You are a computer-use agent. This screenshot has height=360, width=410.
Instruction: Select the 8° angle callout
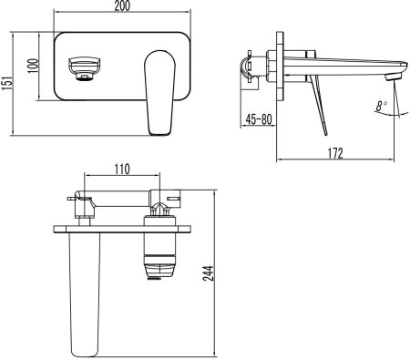pyautogui.click(x=380, y=107)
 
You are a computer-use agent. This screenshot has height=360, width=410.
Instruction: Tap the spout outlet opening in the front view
pyautogui.click(x=86, y=68)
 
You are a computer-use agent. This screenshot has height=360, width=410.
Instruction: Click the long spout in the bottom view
pyautogui.click(x=83, y=292)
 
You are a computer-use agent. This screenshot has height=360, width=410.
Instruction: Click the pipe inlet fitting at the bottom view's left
pyautogui.click(x=80, y=204)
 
